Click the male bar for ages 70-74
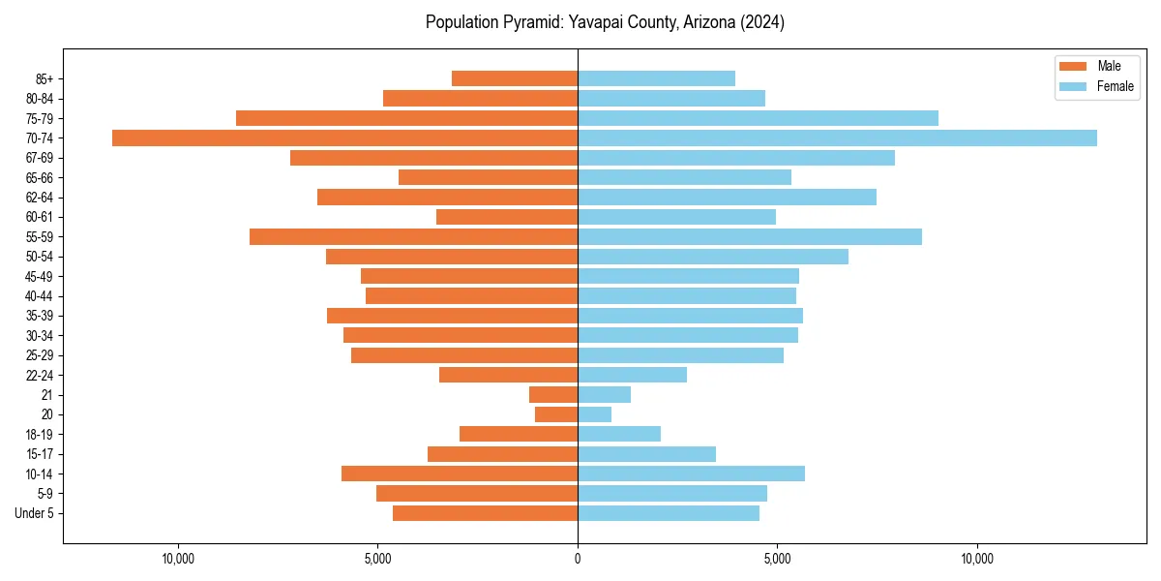(344, 138)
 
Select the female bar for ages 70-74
(837, 138)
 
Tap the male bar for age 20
(556, 414)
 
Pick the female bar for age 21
(604, 395)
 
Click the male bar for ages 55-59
(413, 237)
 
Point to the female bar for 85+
(656, 78)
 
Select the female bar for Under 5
(668, 513)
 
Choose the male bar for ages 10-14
(460, 474)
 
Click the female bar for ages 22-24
(632, 375)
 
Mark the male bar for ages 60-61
(507, 217)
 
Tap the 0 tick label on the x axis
(578, 559)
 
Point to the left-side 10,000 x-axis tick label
(178, 559)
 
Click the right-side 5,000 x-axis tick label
(777, 559)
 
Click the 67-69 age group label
(40, 158)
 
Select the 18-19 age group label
(40, 435)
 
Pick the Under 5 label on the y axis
(35, 513)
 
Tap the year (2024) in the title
(762, 22)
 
